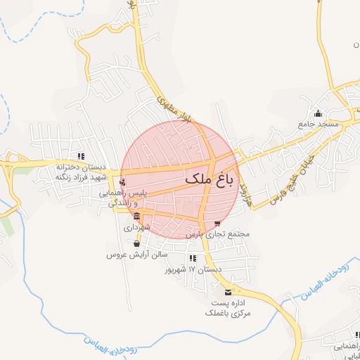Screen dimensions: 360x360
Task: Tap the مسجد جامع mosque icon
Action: [x=318, y=114]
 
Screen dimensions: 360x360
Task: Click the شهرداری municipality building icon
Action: [x=136, y=217]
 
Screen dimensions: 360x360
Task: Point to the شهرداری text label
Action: [x=136, y=227]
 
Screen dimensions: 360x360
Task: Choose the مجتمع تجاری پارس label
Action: [x=218, y=233]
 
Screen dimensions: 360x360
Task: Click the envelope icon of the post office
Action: [x=227, y=292]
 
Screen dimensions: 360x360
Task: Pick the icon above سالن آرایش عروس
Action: [x=136, y=243]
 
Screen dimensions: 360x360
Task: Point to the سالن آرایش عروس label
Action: [x=136, y=254]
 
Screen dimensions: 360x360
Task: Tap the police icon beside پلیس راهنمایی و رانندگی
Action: [x=123, y=182]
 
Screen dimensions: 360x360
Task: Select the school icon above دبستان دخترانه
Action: [x=82, y=156]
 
